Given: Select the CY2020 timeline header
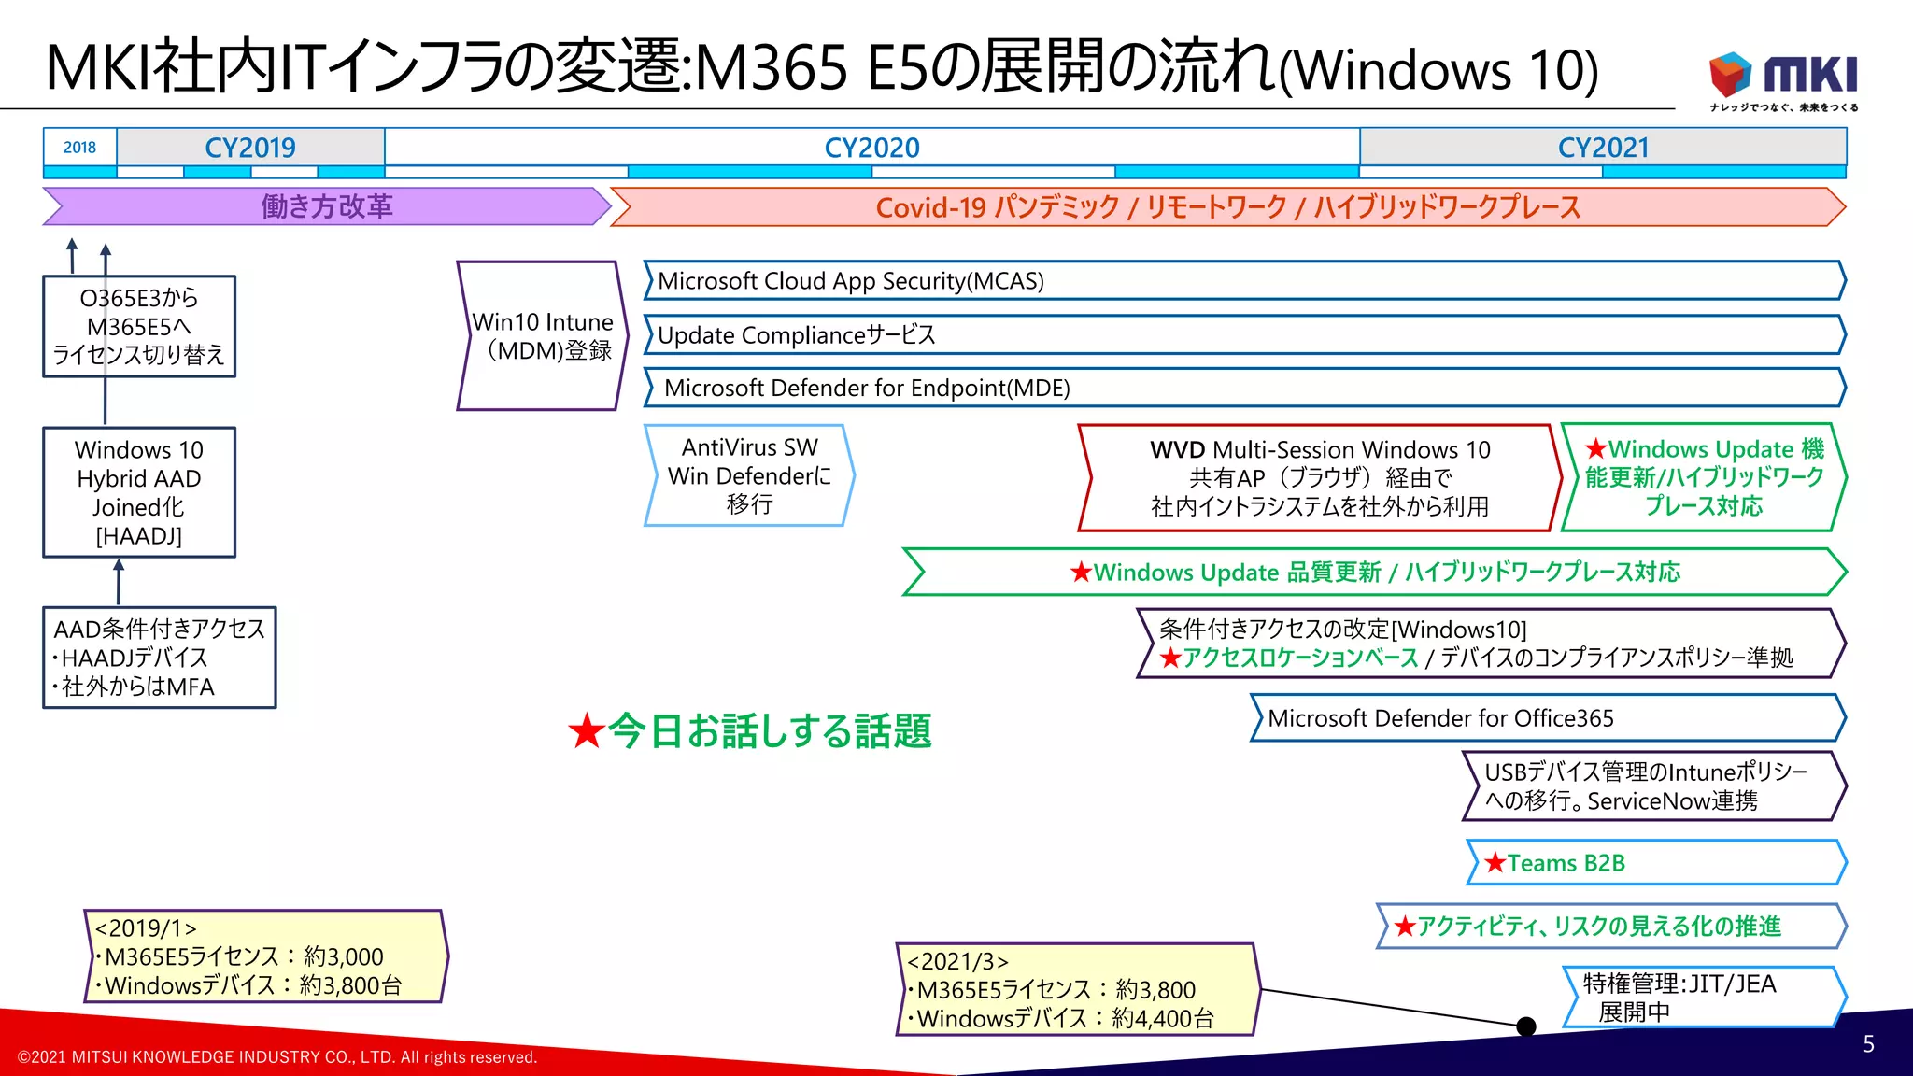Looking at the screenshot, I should (x=871, y=148).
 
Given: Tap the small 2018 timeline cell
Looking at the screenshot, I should (x=79, y=148).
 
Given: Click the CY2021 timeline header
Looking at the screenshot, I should (x=1603, y=148).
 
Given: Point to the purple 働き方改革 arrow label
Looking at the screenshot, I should (x=326, y=206).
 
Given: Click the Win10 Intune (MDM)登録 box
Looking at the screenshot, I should (x=542, y=336).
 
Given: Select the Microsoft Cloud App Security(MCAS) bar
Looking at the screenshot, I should (x=1242, y=281).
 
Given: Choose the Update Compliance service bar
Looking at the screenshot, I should (x=1242, y=334).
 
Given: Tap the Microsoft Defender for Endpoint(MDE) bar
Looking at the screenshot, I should (x=1242, y=388).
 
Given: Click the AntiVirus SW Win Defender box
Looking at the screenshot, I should (x=749, y=475).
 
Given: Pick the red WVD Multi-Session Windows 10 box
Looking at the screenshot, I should (x=1319, y=478).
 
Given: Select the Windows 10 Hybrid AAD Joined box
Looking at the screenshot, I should (x=139, y=492).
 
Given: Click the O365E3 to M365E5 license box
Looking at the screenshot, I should (x=139, y=326).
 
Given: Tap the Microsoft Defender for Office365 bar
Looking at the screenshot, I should (x=1546, y=718).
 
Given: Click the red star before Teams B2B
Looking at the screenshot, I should (x=1495, y=862).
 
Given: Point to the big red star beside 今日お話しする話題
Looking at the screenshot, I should (x=587, y=731).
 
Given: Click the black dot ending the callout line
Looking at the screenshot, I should (x=1526, y=1026).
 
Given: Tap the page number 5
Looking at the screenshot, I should (x=1868, y=1044).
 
